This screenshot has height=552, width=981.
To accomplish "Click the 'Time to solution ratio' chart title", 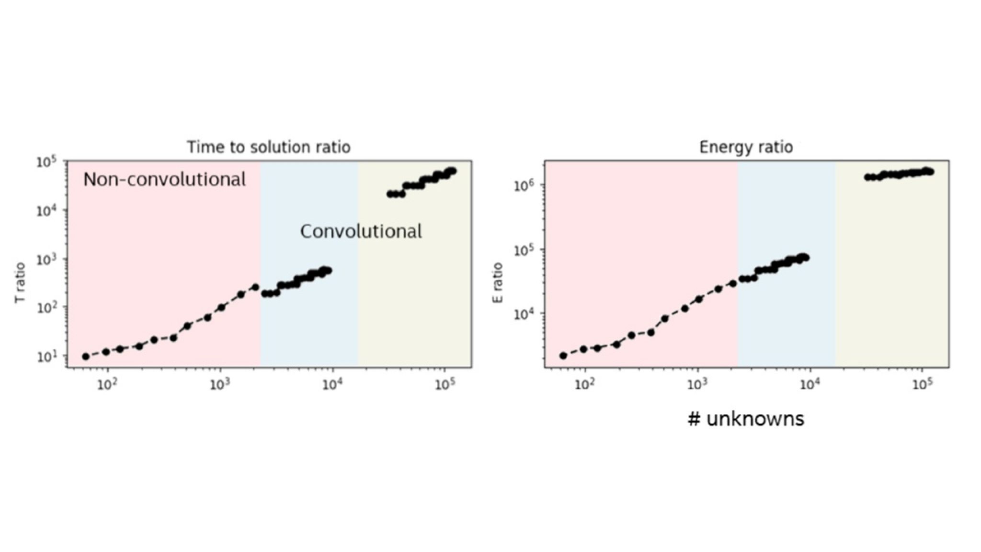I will coord(268,147).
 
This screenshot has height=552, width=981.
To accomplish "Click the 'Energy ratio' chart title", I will coord(746,147).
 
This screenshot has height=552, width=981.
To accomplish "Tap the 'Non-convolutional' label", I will coord(164,180).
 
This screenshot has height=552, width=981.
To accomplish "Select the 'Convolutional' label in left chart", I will coord(361,232).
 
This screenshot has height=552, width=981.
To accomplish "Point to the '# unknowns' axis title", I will coord(746,419).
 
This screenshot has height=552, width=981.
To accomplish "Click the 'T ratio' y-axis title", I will coord(20,282).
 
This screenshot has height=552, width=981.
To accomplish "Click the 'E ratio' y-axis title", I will coord(498,282).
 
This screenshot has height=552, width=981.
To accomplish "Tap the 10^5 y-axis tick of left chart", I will coord(46,162).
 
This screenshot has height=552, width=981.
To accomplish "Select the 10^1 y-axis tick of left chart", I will coord(46,356).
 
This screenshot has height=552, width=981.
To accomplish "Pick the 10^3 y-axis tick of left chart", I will coord(46,259).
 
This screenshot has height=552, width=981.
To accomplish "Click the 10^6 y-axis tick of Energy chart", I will coord(524,185).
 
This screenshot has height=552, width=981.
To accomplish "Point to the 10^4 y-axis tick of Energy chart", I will coord(524,314).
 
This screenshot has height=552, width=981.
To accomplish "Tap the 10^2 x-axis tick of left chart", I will coord(107,385).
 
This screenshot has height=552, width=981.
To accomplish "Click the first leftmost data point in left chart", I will coord(86,356).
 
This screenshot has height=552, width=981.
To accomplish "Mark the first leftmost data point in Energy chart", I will coord(563,356).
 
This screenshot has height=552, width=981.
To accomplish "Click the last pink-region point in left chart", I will coord(255,287).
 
